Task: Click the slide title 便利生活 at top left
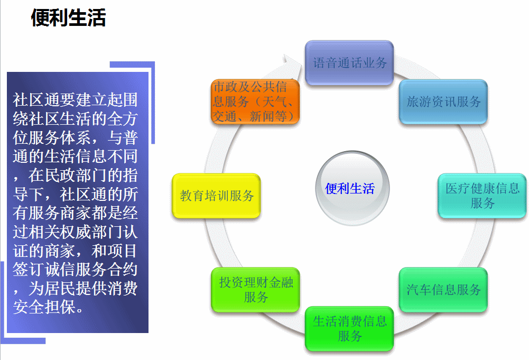69,17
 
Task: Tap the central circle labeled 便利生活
352,188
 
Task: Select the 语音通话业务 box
349,63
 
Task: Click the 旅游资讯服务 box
443,101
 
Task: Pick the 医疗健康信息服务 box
482,196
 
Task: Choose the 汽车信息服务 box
443,290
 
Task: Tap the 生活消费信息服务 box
349,329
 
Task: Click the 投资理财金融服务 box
255,290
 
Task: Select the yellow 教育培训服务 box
216,196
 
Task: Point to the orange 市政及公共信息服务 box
255,101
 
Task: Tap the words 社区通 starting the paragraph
36,100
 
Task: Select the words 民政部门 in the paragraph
75,175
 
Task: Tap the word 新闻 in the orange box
262,116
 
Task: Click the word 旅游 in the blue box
419,101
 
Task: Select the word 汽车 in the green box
419,290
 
